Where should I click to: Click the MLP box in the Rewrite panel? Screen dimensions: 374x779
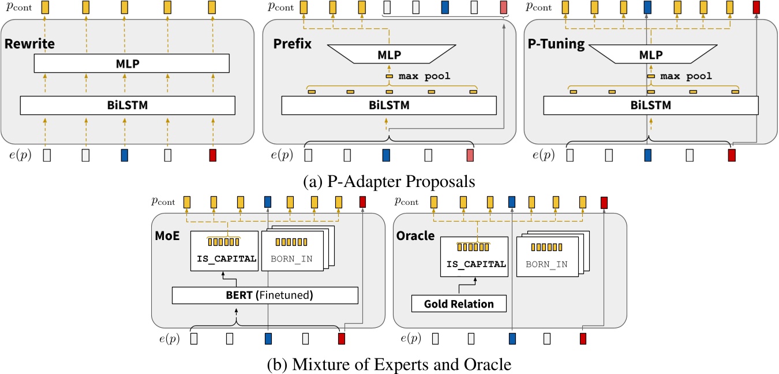[x=132, y=63]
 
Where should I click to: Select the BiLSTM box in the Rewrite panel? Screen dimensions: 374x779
[x=128, y=106]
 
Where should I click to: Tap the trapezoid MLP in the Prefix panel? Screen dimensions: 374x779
[x=389, y=55]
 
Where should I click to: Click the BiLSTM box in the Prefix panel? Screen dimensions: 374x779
[x=389, y=106]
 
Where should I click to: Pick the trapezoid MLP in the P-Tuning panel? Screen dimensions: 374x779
[x=650, y=55]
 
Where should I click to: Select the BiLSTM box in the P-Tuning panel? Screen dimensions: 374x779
[x=650, y=106]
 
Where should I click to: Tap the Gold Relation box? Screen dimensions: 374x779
[x=459, y=303]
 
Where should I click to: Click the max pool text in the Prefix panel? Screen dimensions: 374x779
[x=425, y=76]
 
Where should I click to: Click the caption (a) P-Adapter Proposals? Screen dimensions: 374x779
[x=389, y=182]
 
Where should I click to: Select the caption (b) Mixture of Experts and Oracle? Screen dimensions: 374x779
[x=388, y=364]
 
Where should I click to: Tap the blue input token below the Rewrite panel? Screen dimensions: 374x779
[x=125, y=155]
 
